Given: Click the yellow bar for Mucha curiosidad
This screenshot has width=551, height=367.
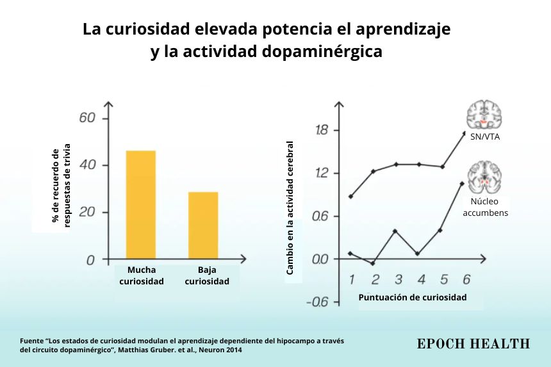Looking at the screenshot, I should coord(141,205).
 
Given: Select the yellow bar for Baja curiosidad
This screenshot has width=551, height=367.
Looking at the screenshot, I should coord(203,225).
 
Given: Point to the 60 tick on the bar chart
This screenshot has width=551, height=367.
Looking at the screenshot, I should coord(87,118).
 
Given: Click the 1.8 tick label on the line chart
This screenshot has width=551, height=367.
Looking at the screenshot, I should coord(322,131).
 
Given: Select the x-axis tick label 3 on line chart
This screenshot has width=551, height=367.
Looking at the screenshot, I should coord(398,279).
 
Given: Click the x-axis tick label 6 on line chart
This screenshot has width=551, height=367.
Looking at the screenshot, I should coord(466,279).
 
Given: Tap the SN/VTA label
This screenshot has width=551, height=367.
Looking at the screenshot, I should coord(484,138).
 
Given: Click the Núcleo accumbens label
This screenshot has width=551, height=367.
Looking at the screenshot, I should coord(485,207).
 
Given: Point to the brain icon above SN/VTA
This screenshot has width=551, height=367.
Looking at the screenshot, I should coord(484,114).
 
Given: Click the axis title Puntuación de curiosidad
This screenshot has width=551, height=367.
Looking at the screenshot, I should coord(412,297).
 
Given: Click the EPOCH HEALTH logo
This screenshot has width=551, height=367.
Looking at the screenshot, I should coord(473,344).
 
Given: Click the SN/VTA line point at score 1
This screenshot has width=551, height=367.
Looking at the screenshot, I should coord(350,196).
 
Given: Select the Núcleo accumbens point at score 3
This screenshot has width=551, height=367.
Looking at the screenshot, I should coord(397,231).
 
